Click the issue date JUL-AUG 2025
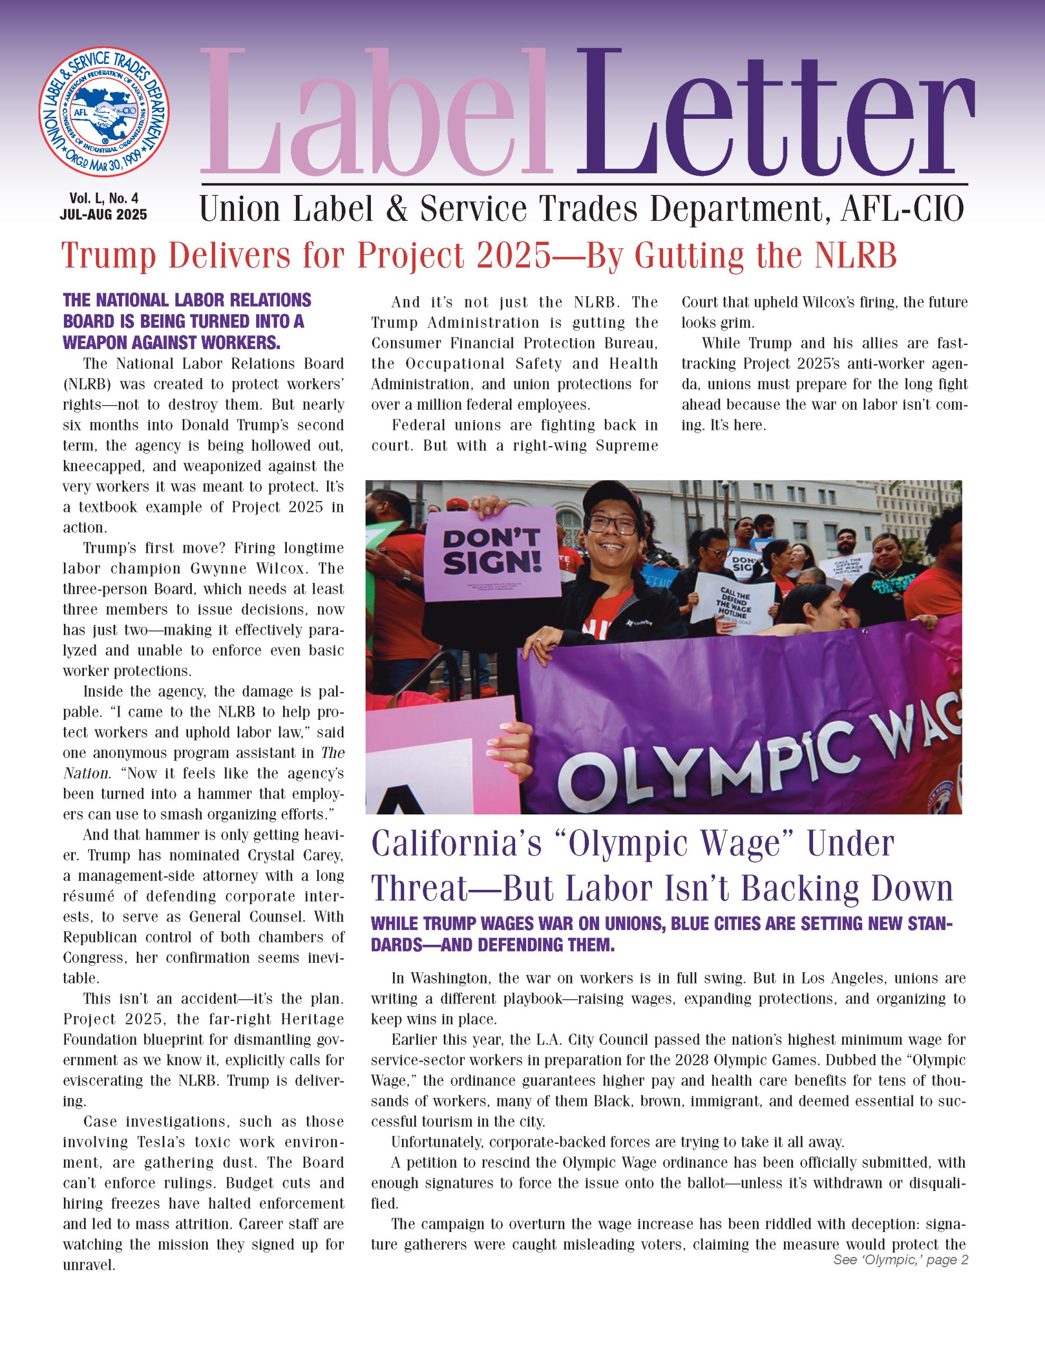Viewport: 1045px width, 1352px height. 104,215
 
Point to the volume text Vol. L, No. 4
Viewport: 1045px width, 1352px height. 104,198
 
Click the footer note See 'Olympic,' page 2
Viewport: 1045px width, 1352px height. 900,1260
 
